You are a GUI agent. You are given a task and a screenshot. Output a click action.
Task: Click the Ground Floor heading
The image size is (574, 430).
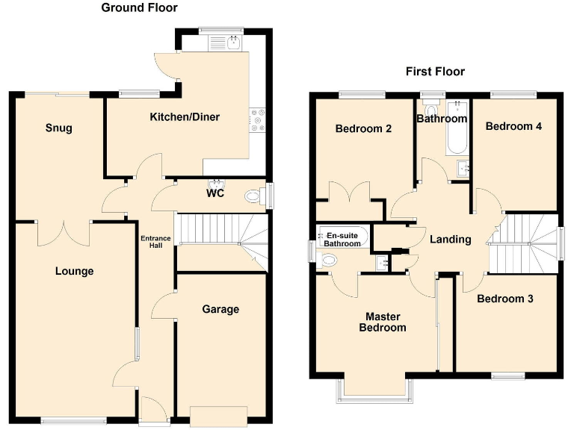[x=139, y=8]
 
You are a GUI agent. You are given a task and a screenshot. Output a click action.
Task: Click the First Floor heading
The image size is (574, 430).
[x=435, y=72]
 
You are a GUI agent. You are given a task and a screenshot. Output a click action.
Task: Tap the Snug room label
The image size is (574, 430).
[x=58, y=128]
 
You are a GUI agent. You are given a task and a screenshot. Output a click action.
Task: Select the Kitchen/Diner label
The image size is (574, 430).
[x=185, y=117]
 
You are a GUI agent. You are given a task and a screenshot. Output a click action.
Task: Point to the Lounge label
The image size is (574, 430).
[x=74, y=271]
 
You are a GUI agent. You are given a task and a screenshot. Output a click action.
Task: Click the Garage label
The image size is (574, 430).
[x=220, y=309]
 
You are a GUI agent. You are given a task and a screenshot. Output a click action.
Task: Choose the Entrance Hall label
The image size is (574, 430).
[x=156, y=243]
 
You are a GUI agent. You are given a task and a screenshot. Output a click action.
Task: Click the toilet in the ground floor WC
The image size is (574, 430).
[x=254, y=196]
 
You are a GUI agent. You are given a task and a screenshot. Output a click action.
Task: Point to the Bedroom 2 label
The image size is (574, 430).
[x=363, y=128]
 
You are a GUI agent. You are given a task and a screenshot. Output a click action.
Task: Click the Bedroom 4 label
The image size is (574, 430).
[x=513, y=126]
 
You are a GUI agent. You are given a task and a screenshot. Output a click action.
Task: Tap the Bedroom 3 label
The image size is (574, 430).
[x=505, y=299]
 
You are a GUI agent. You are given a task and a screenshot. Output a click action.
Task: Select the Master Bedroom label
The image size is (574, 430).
[x=382, y=322]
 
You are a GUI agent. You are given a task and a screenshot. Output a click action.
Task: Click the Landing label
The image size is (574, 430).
[x=450, y=240]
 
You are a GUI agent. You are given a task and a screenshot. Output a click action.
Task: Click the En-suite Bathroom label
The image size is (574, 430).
[x=342, y=239]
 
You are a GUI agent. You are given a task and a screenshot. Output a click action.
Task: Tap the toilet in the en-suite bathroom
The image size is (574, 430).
[x=327, y=260]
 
